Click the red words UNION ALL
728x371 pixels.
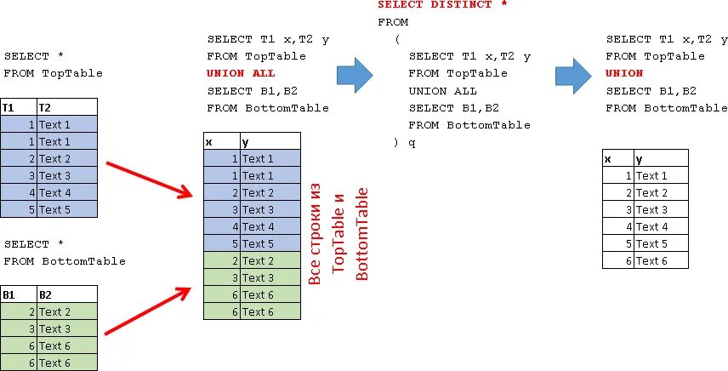click(x=241, y=73)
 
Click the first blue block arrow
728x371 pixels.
click(x=355, y=75)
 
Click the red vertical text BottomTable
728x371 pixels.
click(x=362, y=234)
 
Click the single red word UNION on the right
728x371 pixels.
click(x=624, y=73)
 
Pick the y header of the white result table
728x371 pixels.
click(x=660, y=158)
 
